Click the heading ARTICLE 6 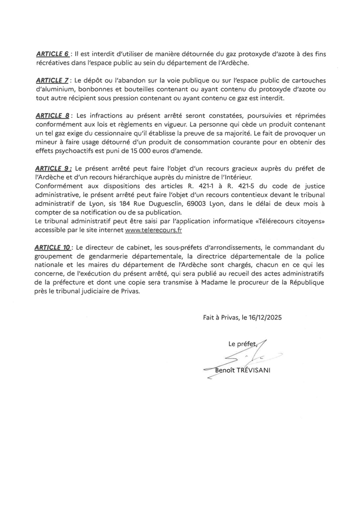(52, 54)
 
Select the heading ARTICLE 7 (52, 81)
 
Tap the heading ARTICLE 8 (52, 116)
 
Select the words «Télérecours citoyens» (288, 222)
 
